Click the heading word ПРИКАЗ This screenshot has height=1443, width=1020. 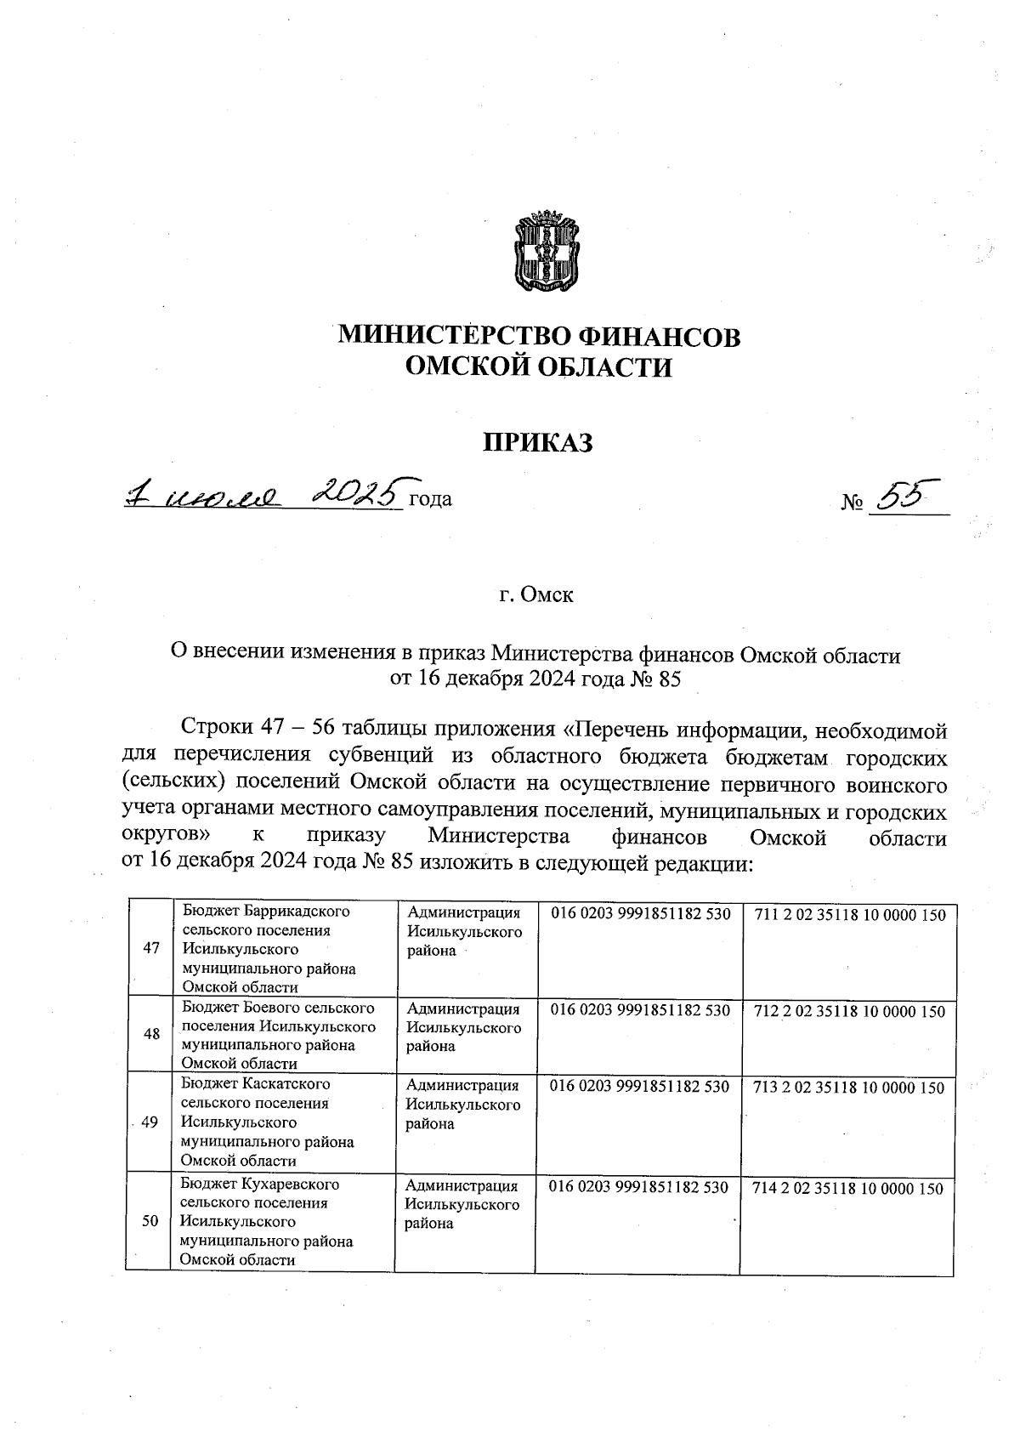click(537, 442)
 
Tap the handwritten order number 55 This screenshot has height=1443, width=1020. click(903, 496)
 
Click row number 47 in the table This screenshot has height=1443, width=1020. click(151, 949)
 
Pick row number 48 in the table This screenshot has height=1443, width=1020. click(151, 1035)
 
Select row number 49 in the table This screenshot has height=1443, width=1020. click(150, 1122)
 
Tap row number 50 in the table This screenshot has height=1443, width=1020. click(150, 1221)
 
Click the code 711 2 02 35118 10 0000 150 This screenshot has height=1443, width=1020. click(849, 916)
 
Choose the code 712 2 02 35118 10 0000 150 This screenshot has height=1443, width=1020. click(849, 1012)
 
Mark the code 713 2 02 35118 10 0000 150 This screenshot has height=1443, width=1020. click(848, 1088)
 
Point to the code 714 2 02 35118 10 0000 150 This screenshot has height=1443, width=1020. click(847, 1189)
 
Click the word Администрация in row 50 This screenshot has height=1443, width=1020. click(462, 1185)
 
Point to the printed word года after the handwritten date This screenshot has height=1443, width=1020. click(430, 500)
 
